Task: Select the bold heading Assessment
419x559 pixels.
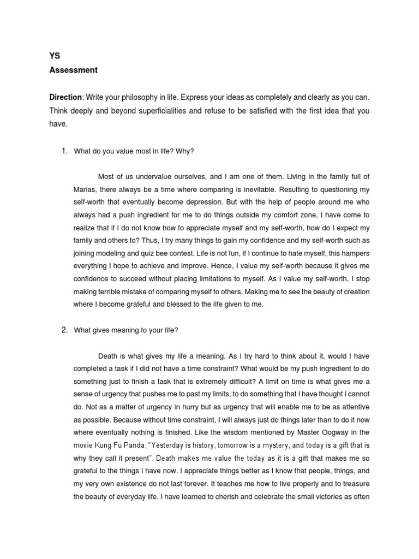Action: [73, 70]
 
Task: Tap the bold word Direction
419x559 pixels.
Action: [65, 97]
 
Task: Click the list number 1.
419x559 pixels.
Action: [64, 151]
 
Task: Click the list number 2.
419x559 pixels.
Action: [64, 330]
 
